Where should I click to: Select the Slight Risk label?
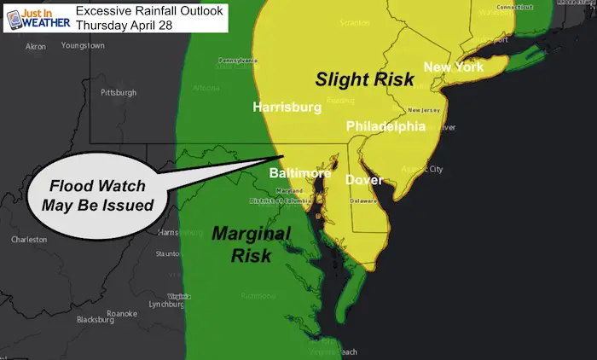point(364,80)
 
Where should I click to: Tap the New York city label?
point(454,67)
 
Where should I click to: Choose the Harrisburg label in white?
point(287,107)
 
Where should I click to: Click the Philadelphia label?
point(385,126)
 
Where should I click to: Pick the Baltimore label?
point(299,173)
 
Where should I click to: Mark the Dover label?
point(365,180)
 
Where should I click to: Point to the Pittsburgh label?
point(119,91)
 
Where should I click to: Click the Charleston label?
point(29,240)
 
